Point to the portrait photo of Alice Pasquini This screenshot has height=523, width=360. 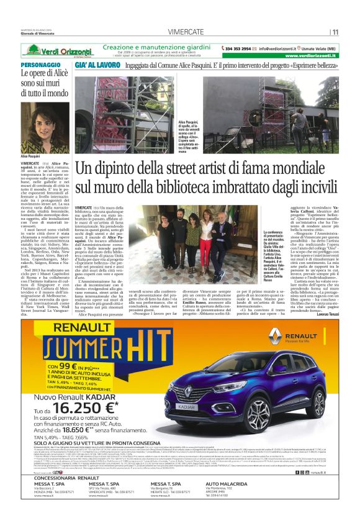(37, 127)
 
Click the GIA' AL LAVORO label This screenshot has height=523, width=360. (96, 65)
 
